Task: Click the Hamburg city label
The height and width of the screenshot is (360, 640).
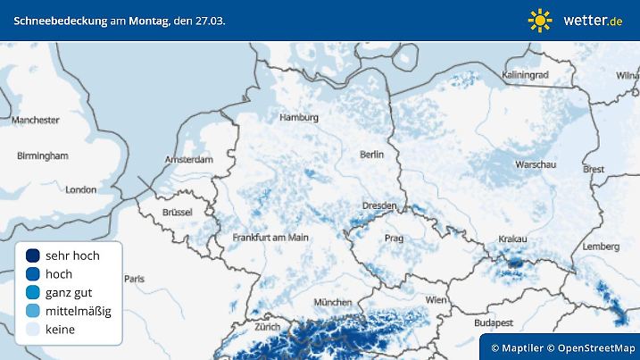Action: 299,117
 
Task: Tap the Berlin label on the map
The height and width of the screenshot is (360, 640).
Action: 371,155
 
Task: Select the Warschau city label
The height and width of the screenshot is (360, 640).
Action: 536,165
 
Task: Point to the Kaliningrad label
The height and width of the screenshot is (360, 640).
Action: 525,76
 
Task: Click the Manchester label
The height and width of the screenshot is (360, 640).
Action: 36,120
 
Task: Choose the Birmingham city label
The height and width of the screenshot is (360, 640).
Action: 42,155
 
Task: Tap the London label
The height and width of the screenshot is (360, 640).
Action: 81,189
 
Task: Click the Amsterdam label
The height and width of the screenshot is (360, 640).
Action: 189,160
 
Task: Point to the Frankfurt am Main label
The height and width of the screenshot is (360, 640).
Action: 270,238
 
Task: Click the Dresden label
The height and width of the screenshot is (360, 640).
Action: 378,205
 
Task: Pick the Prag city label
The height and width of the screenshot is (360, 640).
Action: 393,239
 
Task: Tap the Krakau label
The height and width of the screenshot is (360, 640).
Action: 512,239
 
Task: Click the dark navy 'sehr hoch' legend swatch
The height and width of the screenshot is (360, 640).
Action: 33,255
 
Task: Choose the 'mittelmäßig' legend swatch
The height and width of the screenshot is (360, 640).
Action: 33,311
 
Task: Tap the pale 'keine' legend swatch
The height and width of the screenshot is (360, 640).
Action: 33,330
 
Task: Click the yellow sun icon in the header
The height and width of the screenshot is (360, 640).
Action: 540,20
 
